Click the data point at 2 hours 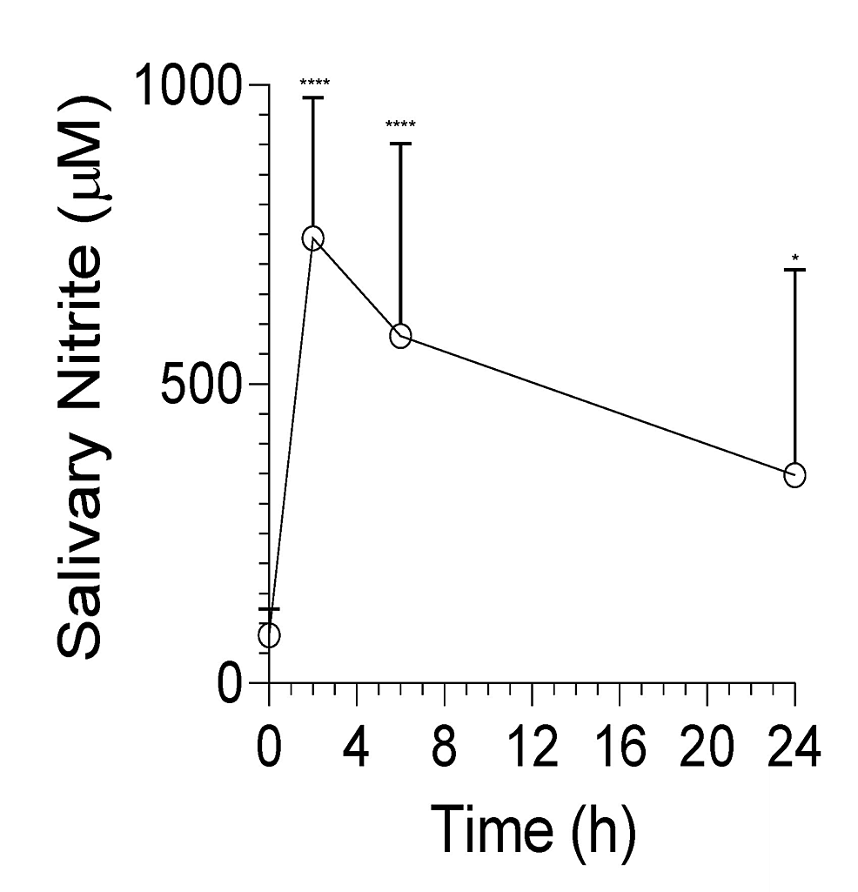(312, 238)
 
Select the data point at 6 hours (400, 336)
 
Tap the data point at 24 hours (794, 474)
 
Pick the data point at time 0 (269, 635)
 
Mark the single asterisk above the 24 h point (794, 258)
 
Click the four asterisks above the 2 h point (313, 84)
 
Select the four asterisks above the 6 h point (400, 124)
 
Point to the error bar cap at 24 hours (794, 270)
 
